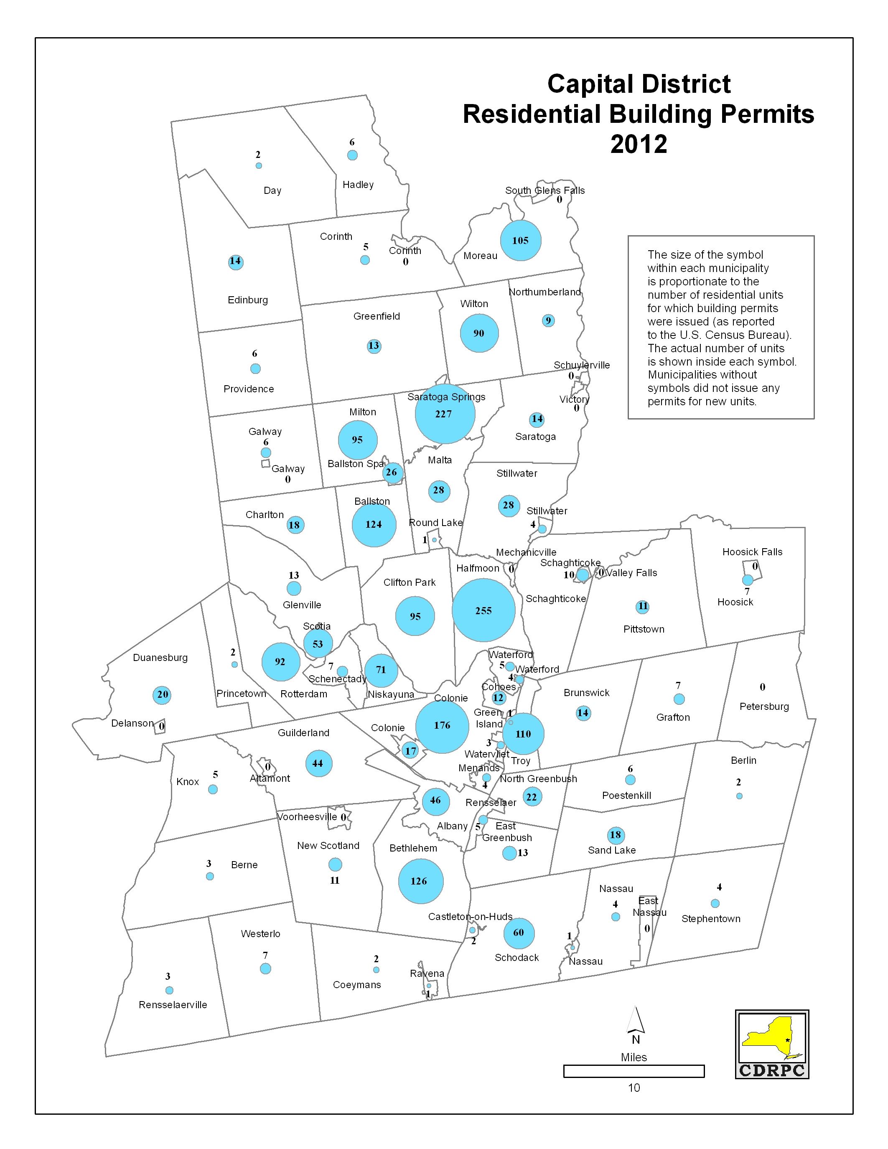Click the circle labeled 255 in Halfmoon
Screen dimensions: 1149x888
(x=483, y=610)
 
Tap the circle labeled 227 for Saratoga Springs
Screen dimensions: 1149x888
(x=445, y=414)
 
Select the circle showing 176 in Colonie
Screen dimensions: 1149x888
(x=442, y=725)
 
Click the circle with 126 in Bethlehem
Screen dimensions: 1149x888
(x=420, y=881)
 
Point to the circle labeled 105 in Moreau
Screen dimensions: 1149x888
(x=520, y=240)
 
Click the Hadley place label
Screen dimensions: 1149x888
(x=358, y=185)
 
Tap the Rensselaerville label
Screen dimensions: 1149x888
(x=173, y=1004)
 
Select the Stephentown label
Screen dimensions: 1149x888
(x=711, y=918)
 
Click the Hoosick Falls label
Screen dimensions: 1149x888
(x=752, y=552)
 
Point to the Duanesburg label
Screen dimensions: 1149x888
(x=160, y=658)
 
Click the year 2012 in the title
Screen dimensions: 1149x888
(x=638, y=144)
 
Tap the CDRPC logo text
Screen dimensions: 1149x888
(x=772, y=1070)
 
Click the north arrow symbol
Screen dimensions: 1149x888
(x=636, y=1021)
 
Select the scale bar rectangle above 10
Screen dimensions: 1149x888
(x=634, y=1071)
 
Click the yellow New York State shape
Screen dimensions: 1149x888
(x=768, y=1039)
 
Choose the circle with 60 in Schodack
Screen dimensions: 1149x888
(x=519, y=933)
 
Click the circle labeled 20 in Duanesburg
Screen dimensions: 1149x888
(x=163, y=694)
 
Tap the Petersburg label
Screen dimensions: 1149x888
(x=764, y=707)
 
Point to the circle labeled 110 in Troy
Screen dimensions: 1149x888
(x=523, y=734)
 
